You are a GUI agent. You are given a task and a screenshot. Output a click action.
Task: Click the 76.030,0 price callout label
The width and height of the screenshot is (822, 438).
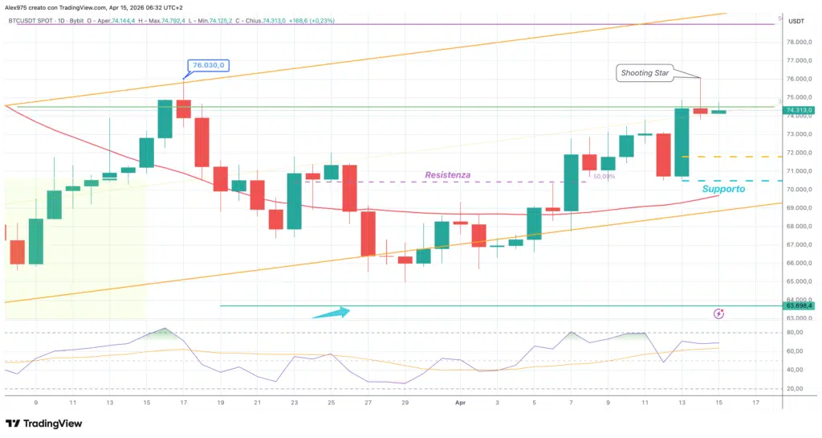[209, 65]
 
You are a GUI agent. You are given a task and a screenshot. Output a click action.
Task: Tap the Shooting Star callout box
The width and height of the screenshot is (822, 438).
[645, 73]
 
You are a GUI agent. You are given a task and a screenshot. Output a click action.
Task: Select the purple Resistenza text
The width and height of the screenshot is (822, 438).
[447, 174]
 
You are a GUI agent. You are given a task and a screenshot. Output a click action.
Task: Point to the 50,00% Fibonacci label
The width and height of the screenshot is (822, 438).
[604, 176]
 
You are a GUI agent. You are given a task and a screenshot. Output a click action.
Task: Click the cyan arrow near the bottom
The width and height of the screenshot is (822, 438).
[332, 313]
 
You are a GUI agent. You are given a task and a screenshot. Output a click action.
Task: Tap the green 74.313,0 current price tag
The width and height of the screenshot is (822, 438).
[800, 110]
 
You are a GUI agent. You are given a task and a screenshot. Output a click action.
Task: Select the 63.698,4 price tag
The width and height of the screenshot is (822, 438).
[800, 305]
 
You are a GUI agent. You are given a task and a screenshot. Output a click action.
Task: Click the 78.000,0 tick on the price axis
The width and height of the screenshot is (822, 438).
[800, 43]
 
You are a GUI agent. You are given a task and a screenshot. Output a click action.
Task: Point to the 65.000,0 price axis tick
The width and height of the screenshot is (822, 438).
[800, 281]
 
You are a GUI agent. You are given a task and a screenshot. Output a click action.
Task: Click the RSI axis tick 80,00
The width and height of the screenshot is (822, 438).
[797, 333]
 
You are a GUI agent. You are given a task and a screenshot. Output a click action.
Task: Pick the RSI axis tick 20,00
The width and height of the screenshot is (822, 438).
[797, 388]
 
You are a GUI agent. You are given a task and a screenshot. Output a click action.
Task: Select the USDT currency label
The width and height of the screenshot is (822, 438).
[796, 21]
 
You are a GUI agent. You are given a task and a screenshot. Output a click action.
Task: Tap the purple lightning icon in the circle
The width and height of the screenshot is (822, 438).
[718, 313]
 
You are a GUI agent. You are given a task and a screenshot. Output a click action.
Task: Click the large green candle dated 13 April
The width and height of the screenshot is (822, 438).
[682, 142]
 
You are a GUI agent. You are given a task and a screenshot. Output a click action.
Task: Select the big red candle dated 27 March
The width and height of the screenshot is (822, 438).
[368, 233]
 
